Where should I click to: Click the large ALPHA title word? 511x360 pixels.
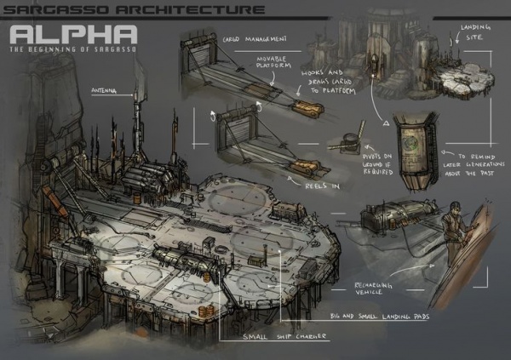click(74, 34)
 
